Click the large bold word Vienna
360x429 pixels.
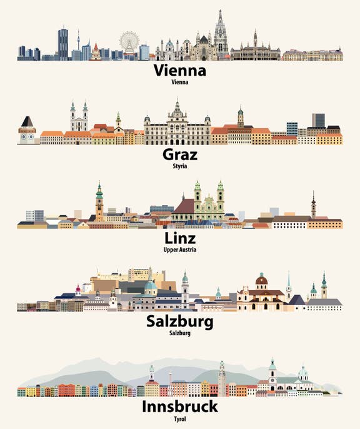(180, 70)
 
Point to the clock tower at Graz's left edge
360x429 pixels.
(27, 129)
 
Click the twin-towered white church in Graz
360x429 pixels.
(78, 119)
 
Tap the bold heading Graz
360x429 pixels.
(180, 153)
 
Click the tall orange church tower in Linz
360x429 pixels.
(99, 203)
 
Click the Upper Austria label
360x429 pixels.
(180, 250)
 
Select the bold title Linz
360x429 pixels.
(180, 238)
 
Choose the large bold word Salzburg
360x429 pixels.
(180, 322)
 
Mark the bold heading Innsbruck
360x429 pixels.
(180, 407)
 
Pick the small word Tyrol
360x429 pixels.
(180, 418)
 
